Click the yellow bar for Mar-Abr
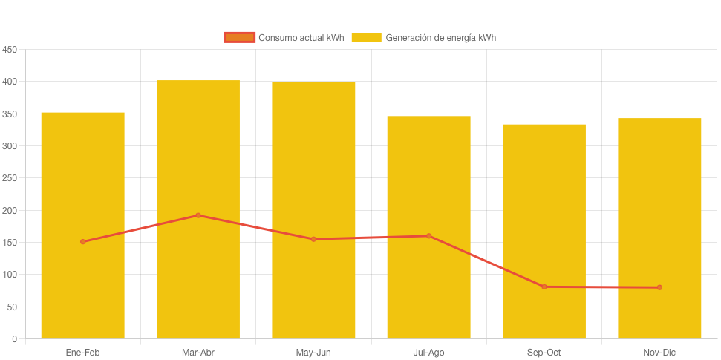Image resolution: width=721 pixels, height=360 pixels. pos(198,282)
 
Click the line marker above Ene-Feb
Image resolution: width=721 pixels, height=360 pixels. pos(82,242)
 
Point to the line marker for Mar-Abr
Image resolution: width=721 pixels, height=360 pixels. pos(198,215)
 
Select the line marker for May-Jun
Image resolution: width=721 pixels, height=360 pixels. pos(313,239)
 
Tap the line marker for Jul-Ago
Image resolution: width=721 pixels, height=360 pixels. pos(428,236)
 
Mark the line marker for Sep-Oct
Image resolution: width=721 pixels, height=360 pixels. pos(544,287)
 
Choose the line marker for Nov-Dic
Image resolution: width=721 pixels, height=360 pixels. pos(659,287)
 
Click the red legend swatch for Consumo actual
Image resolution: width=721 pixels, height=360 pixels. pos(239,37)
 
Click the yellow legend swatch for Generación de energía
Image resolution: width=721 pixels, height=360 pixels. pos(366,37)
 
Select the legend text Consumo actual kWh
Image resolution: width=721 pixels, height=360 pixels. pos(301,37)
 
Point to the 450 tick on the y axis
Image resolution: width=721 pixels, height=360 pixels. pos(10,50)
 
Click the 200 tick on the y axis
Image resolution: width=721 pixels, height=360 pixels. pos(10,211)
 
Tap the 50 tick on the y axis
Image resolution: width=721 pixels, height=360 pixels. pos(13,307)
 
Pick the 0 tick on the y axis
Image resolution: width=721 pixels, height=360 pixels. pos(15,339)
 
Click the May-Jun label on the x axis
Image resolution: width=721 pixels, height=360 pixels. pos(313,353)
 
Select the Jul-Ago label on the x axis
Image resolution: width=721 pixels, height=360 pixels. pos(428,353)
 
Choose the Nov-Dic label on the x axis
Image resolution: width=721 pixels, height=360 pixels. pos(659,353)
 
